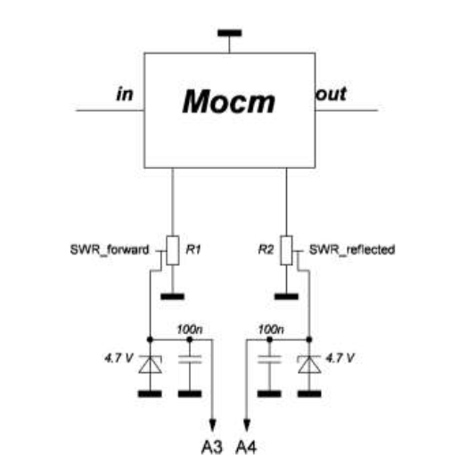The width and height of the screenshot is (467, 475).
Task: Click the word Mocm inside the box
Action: click(x=229, y=102)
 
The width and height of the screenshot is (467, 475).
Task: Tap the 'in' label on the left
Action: click(x=125, y=94)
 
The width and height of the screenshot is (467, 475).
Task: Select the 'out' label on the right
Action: click(x=331, y=94)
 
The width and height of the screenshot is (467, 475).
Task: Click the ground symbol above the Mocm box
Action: click(x=230, y=33)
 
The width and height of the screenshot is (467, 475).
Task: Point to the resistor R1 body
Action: click(x=173, y=250)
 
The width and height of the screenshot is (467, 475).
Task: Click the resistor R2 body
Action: click(x=286, y=250)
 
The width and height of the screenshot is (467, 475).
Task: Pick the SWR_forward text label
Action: click(x=110, y=250)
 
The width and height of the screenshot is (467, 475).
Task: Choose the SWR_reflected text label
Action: click(x=352, y=250)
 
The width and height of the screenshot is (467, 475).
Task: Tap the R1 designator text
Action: click(x=193, y=250)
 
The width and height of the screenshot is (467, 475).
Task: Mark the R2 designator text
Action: click(x=266, y=250)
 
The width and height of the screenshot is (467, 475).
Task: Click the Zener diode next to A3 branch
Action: click(x=150, y=364)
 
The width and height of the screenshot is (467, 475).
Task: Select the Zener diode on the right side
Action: click(x=309, y=364)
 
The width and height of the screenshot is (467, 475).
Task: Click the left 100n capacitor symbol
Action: click(x=190, y=359)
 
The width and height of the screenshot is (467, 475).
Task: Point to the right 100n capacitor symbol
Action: click(x=269, y=359)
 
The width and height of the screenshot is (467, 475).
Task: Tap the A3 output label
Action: click(x=212, y=447)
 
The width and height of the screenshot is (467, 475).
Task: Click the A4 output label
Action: click(x=246, y=447)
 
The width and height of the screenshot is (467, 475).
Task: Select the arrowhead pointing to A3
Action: click(x=213, y=425)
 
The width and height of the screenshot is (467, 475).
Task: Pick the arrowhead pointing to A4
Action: click(x=247, y=425)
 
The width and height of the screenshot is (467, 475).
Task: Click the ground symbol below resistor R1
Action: click(x=172, y=296)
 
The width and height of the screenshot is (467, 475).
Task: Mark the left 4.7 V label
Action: click(x=119, y=358)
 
